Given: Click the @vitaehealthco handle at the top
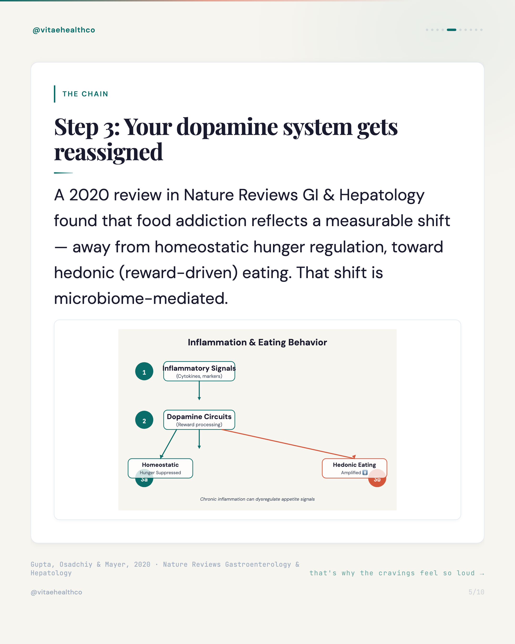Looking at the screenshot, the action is tap(64, 30).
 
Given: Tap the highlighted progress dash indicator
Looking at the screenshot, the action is tap(451, 30).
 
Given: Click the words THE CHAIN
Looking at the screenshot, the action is tap(85, 94).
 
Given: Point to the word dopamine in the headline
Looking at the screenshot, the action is tap(227, 127).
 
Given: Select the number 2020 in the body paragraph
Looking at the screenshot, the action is tap(89, 195).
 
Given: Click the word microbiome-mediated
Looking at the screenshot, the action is tap(141, 298).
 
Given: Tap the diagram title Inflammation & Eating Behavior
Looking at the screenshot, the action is tap(257, 342).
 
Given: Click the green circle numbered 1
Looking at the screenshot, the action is tap(144, 371).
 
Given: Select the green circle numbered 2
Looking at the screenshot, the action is tap(144, 420).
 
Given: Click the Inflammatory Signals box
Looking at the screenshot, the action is tap(199, 371).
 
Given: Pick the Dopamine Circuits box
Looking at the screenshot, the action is tap(199, 420).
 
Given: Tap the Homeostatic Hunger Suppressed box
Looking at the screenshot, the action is tap(160, 468).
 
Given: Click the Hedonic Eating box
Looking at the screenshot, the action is tap(354, 468).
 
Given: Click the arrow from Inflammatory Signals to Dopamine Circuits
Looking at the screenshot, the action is tap(199, 391).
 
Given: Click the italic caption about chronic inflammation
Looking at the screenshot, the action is tap(257, 499).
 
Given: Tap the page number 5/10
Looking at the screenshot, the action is tap(476, 592).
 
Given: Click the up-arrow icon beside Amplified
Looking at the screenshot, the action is tap(365, 473).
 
